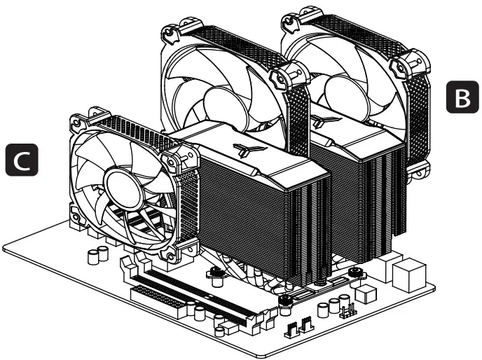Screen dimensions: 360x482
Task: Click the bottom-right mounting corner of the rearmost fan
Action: point(425,167)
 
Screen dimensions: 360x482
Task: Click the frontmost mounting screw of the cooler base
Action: point(286,302)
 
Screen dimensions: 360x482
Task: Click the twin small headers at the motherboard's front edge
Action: point(298,327)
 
